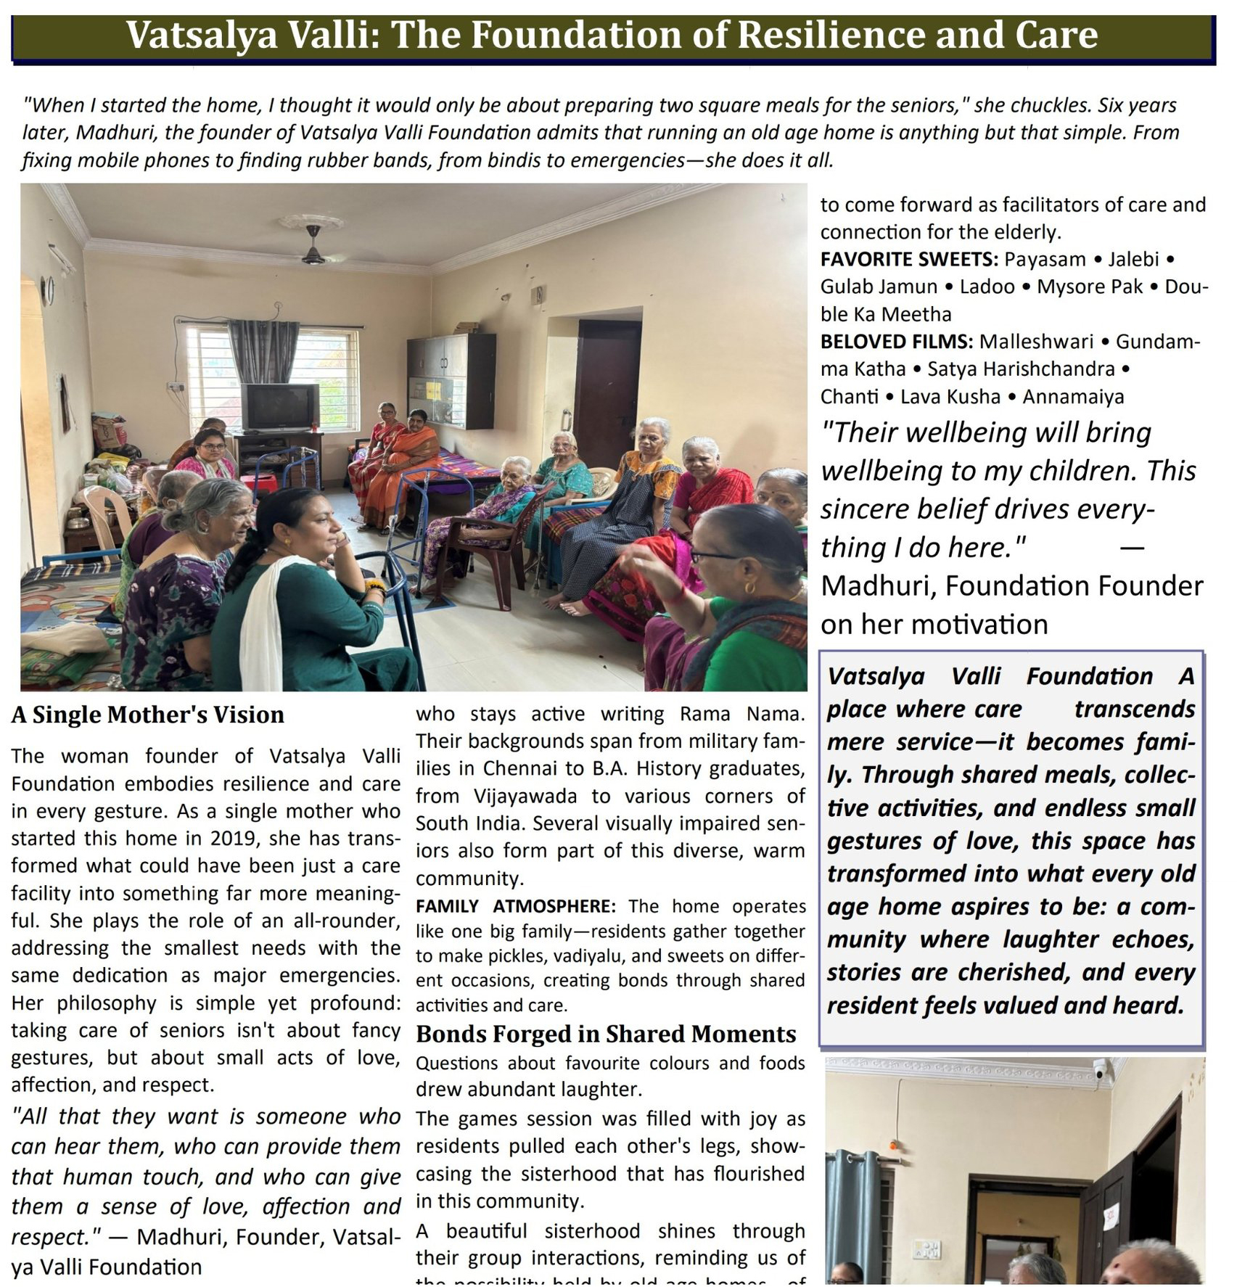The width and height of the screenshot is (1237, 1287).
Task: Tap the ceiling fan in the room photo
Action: (313, 249)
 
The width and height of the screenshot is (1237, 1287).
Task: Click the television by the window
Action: (279, 407)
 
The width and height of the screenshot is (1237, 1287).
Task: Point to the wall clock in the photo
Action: (49, 290)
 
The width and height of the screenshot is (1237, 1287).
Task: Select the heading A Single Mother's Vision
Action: (148, 715)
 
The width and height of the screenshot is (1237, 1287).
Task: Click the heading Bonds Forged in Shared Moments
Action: (606, 1034)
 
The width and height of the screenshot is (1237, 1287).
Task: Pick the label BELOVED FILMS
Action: (896, 341)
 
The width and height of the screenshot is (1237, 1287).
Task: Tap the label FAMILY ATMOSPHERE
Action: (515, 905)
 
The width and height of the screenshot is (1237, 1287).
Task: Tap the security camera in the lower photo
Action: (1100, 1069)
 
